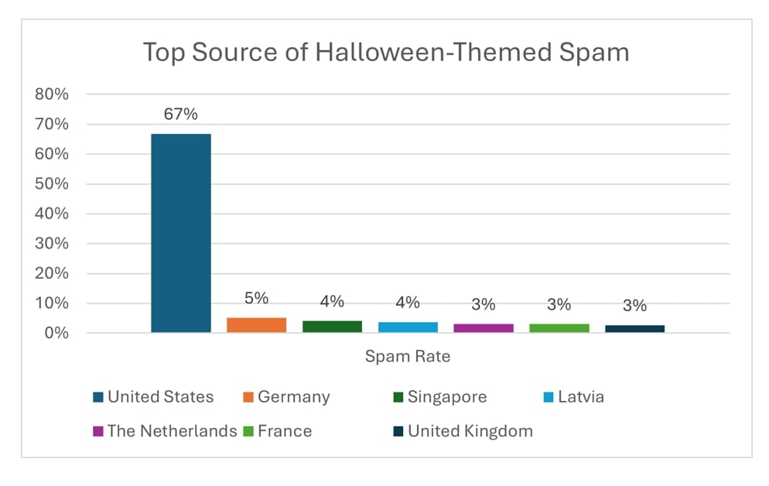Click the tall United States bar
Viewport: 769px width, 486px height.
[180, 232]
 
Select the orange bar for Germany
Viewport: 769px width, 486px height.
[256, 325]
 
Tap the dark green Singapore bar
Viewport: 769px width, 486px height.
[332, 327]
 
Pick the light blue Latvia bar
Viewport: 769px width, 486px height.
[408, 327]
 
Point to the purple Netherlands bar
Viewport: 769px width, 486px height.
[484, 328]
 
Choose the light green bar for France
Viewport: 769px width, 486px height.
[559, 328]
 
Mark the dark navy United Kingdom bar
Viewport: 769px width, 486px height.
[634, 329]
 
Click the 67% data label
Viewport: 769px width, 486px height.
[180, 115]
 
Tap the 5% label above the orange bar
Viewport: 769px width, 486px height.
[256, 298]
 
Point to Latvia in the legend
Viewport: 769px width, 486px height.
[572, 397]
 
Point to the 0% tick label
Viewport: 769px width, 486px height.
[56, 334]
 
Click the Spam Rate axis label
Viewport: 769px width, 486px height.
[407, 357]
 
